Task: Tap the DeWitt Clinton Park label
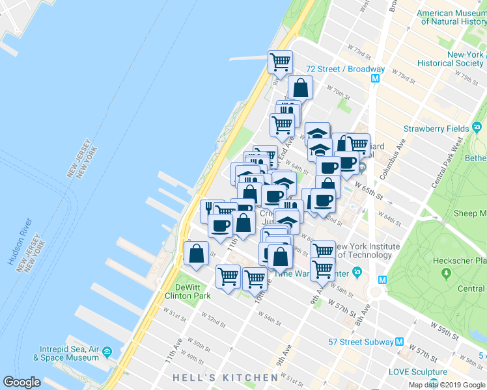192,291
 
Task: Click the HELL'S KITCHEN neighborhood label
225,378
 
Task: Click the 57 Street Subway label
361,342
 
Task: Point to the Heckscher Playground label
460,261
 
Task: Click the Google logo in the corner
21,382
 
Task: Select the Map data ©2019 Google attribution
447,385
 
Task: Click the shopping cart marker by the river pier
280,62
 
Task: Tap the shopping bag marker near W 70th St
300,87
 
